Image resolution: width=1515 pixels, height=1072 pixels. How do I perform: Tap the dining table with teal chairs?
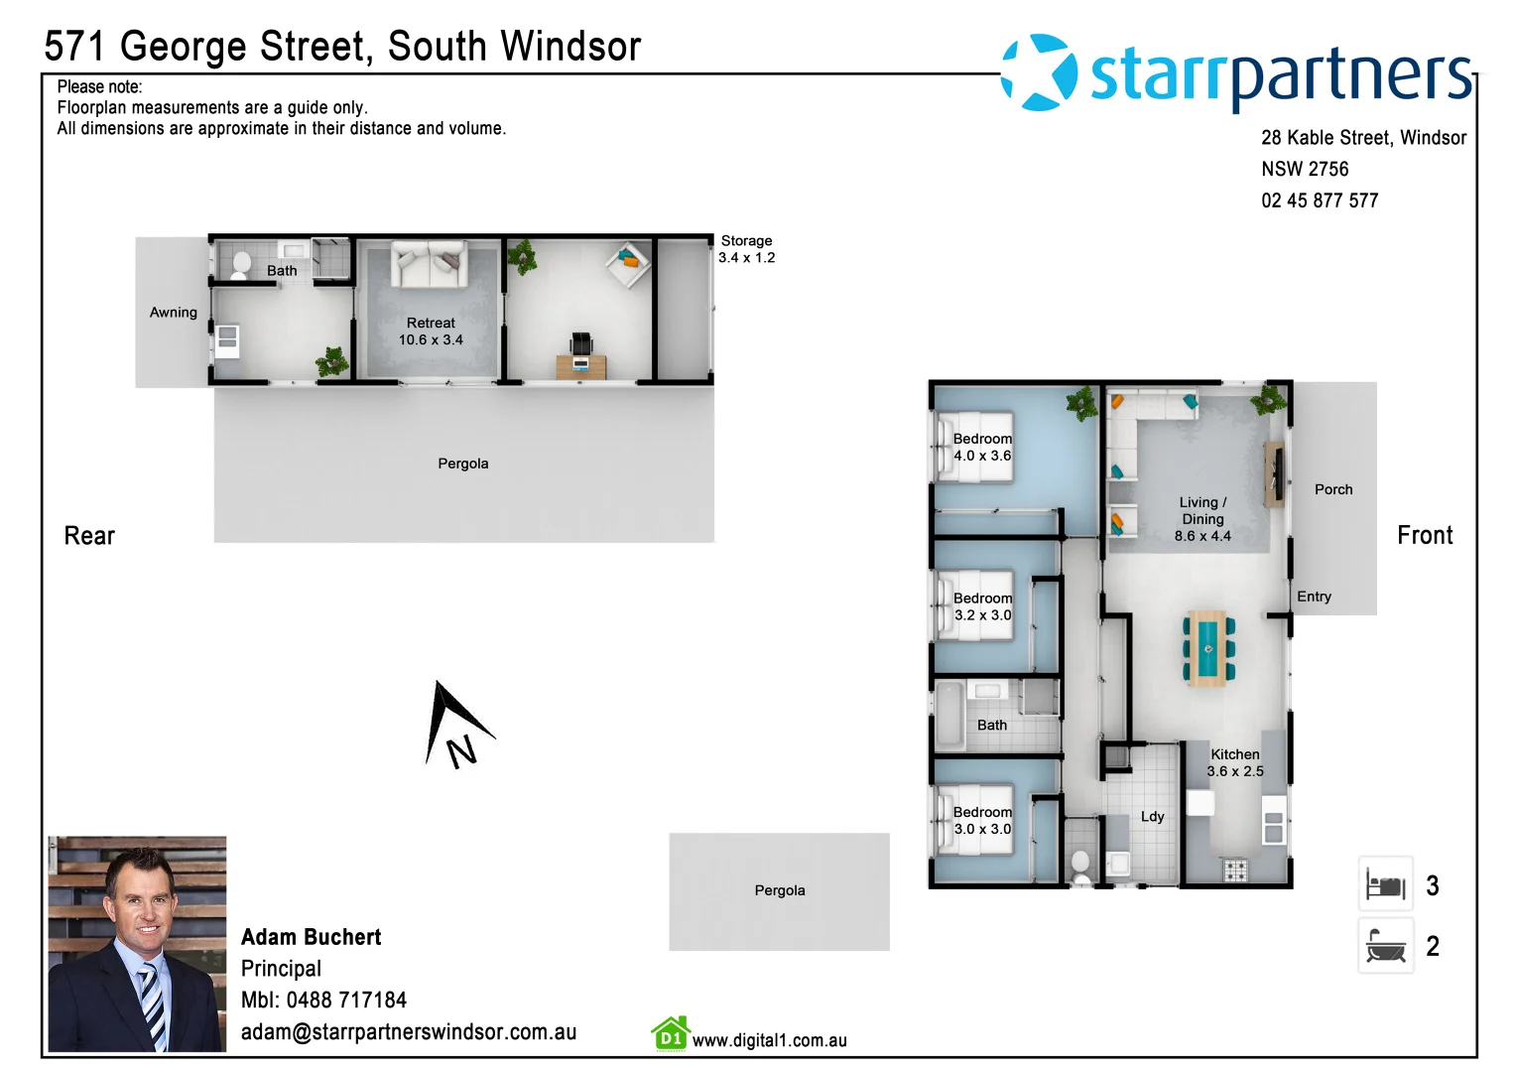click(x=1207, y=648)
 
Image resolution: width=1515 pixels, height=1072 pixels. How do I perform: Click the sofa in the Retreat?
click(x=429, y=264)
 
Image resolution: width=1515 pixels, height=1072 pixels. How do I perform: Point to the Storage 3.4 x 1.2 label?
click(x=746, y=249)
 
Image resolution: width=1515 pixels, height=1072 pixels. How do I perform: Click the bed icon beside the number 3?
click(x=1385, y=884)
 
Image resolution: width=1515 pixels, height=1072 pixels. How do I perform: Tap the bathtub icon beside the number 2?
click(x=1385, y=946)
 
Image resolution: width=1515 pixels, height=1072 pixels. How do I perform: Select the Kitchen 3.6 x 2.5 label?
click(x=1234, y=762)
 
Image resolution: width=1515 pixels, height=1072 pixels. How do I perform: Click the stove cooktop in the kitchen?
click(x=1234, y=870)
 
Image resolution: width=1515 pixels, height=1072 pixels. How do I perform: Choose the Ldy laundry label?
click(x=1152, y=816)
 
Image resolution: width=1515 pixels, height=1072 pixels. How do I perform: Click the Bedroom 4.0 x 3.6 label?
click(x=981, y=447)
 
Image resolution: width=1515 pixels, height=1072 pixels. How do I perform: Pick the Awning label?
click(x=174, y=312)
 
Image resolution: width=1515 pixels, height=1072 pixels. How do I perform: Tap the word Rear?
click(x=89, y=536)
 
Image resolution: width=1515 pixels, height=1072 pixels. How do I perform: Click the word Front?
click(x=1424, y=536)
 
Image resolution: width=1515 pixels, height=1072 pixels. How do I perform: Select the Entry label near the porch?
click(x=1314, y=597)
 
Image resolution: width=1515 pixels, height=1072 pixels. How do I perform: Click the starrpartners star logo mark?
click(x=1039, y=72)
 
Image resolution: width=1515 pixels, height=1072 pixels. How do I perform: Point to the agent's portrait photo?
click(x=137, y=943)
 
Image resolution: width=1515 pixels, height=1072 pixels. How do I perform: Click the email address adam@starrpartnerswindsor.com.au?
click(x=408, y=1032)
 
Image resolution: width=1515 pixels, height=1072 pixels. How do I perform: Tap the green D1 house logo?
click(x=671, y=1034)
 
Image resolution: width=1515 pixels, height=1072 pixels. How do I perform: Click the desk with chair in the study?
click(x=581, y=358)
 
